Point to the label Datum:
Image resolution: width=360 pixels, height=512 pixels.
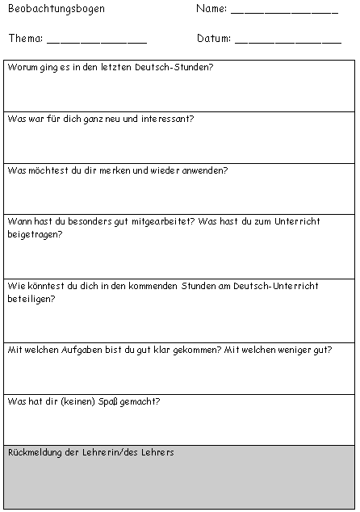click(213, 38)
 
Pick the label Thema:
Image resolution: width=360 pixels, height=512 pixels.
click(26, 38)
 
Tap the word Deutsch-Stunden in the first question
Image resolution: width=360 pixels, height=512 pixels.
click(170, 67)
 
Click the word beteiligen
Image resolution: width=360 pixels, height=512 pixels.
click(29, 298)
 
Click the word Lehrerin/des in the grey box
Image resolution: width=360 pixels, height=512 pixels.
click(120, 452)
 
